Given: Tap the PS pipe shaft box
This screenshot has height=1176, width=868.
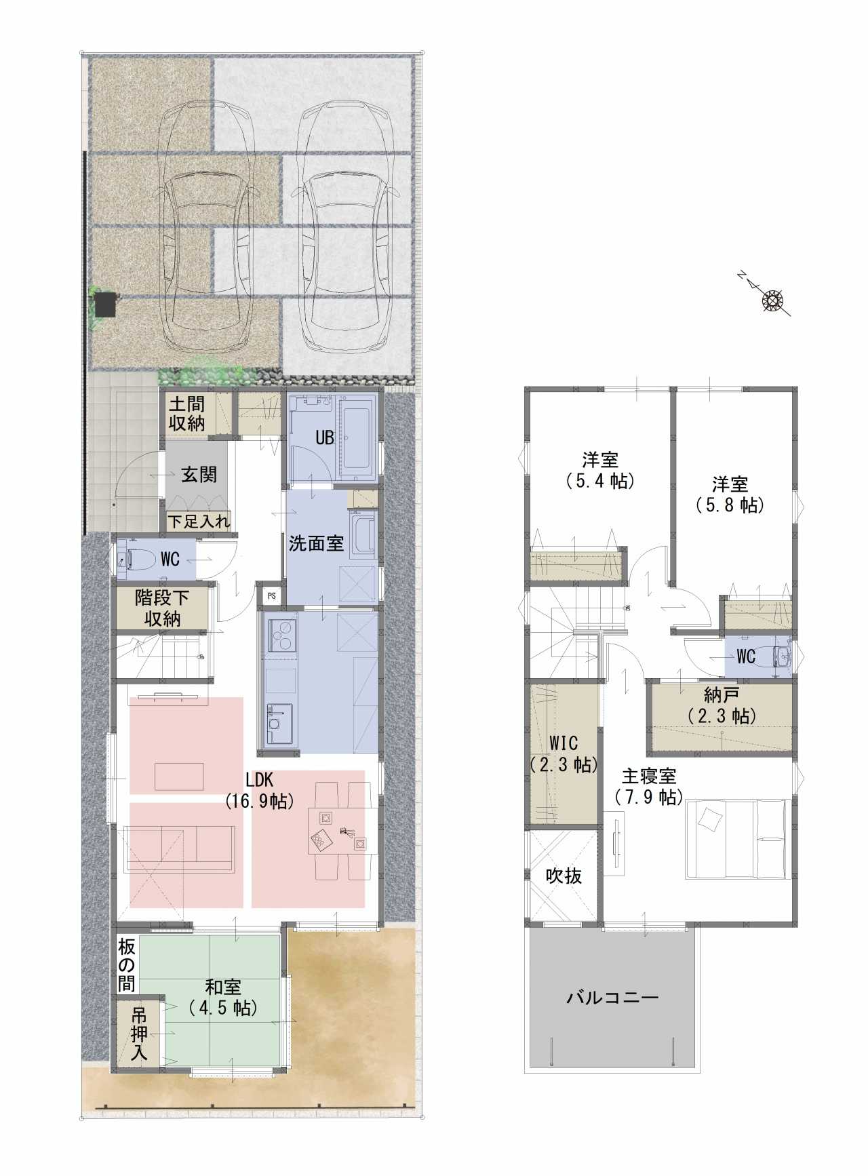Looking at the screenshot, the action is pyautogui.click(x=272, y=596).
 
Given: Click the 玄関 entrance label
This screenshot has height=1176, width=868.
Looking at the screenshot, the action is pyautogui.click(x=199, y=474).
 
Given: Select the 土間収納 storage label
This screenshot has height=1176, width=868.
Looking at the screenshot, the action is pyautogui.click(x=186, y=414).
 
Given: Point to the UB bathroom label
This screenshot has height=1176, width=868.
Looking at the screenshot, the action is pyautogui.click(x=325, y=438).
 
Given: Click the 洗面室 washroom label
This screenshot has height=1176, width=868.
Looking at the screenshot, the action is pyautogui.click(x=316, y=543).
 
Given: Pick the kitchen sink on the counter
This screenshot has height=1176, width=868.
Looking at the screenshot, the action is pyautogui.click(x=279, y=724).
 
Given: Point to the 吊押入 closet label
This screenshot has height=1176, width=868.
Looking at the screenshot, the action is pyautogui.click(x=139, y=1034).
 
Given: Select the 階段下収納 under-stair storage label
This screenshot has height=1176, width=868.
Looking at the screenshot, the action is pyautogui.click(x=162, y=608).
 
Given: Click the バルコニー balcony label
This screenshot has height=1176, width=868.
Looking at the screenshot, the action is pyautogui.click(x=612, y=997).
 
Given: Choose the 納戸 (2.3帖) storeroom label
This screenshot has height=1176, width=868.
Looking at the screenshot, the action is pyautogui.click(x=722, y=705).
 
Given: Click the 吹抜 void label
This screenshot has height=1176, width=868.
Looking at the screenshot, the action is pyautogui.click(x=564, y=876).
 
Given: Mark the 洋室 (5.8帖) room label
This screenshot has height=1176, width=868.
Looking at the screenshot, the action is pyautogui.click(x=730, y=495).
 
